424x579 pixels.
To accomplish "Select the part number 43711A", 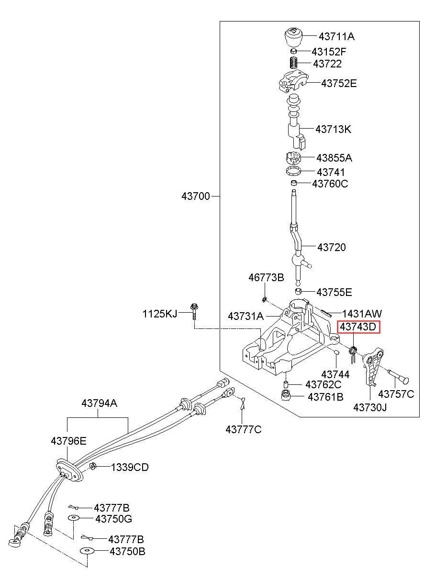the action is (x=336, y=37).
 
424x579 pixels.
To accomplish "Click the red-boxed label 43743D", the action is (x=358, y=327).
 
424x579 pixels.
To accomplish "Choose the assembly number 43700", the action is (x=196, y=196).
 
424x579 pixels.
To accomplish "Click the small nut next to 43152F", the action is (x=293, y=51).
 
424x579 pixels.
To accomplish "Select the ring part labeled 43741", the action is (x=294, y=171).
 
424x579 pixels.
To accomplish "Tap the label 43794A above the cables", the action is (x=99, y=403).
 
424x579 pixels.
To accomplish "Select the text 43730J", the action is (x=370, y=408).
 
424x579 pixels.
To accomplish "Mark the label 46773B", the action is (x=266, y=278).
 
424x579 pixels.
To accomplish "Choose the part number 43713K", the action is (x=333, y=129).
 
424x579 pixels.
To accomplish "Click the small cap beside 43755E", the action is (x=299, y=291).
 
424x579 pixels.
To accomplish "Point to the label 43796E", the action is (x=68, y=441).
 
